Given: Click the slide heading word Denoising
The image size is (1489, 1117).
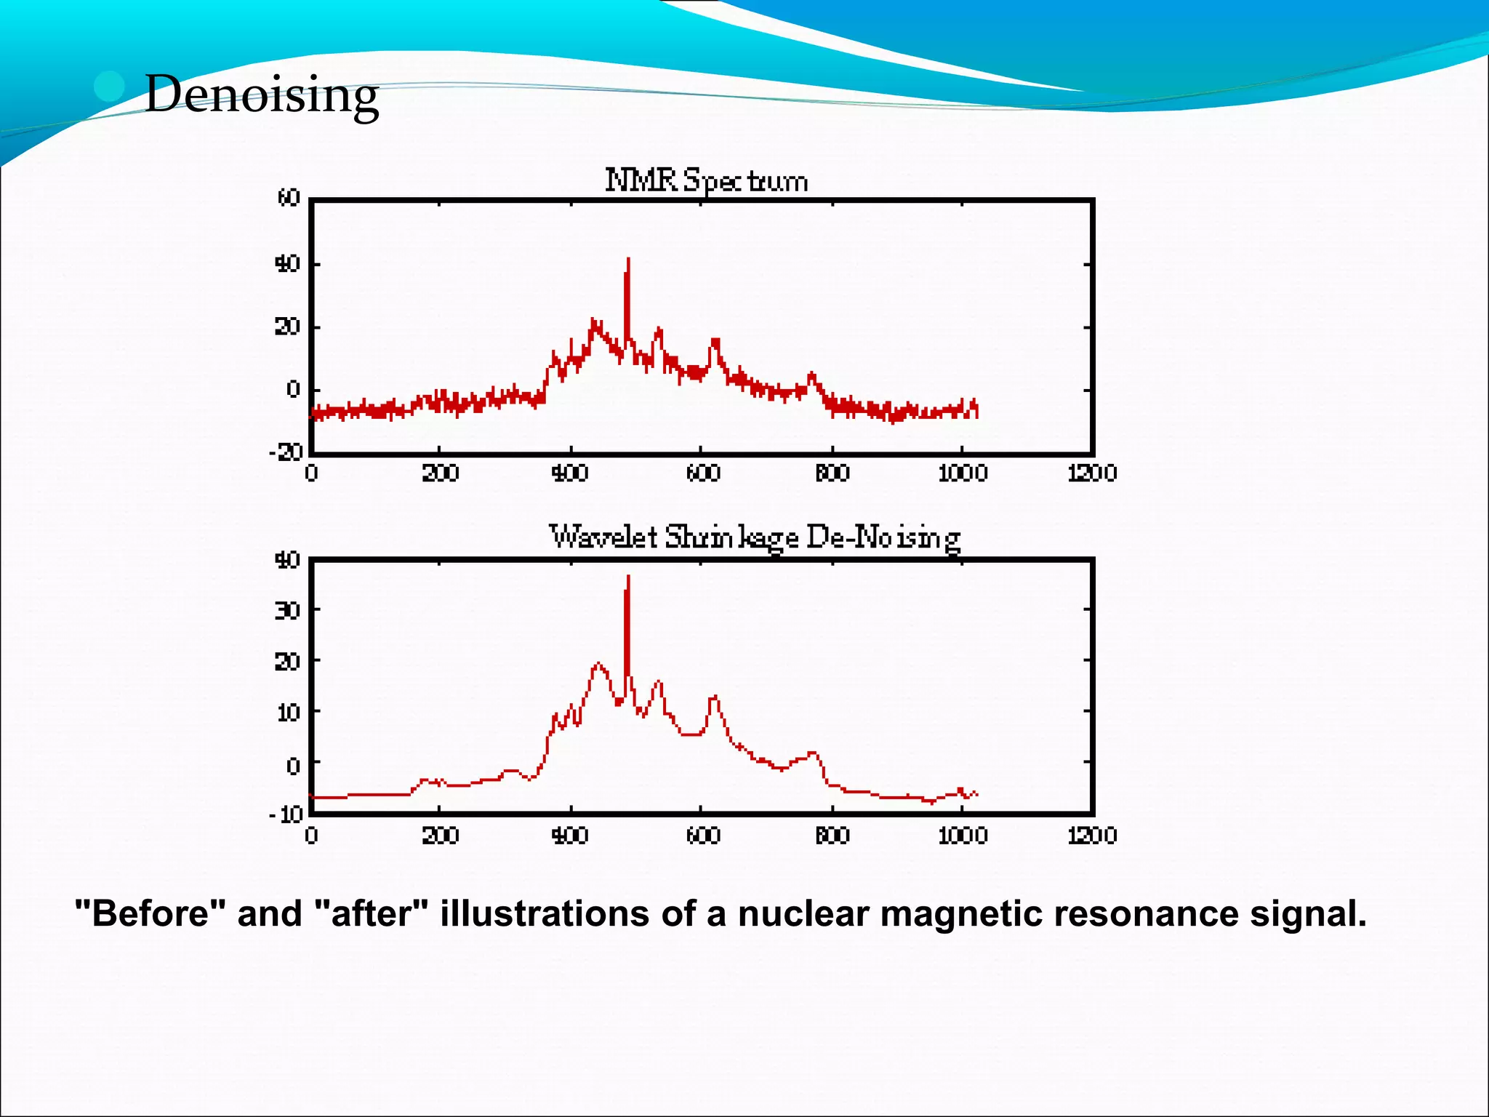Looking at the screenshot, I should point(262,95).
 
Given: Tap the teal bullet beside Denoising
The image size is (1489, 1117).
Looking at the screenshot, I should point(110,87).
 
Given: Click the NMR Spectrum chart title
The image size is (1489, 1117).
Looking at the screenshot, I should point(706,180).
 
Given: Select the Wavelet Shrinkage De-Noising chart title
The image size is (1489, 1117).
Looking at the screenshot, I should point(755,538).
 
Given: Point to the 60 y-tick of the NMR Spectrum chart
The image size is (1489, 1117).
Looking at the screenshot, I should point(289,198).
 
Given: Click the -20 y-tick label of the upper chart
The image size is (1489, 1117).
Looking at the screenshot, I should point(286,452).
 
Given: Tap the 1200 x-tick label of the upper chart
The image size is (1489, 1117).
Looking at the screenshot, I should point(1092,473).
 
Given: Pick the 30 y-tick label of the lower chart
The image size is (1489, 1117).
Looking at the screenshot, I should point(287,610).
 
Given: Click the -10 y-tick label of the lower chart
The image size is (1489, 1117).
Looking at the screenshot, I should point(286,813).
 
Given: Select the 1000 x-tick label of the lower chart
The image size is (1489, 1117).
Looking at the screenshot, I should point(962,836).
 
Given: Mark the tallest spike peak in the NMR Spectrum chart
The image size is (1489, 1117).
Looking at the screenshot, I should point(628,259).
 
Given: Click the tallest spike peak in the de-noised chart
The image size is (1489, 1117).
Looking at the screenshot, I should point(628,577).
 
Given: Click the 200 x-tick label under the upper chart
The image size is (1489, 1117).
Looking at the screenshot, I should point(440,473).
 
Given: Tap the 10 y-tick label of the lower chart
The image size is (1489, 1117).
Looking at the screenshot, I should point(289,712).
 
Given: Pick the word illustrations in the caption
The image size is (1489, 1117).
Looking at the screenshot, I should point(545,913).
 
